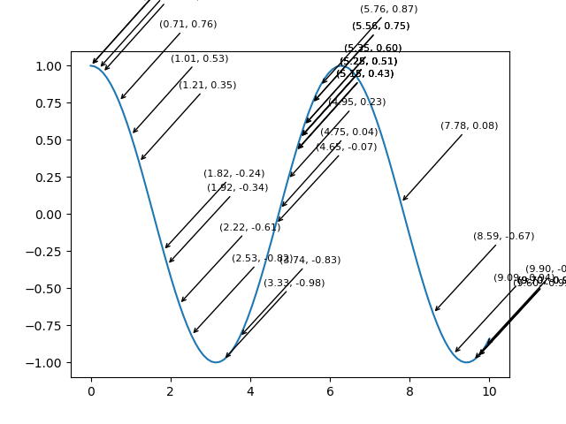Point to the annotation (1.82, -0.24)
click(233, 174)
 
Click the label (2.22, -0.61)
click(250, 228)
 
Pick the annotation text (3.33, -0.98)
click(294, 284)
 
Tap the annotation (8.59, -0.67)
click(503, 237)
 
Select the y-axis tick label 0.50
click(49, 140)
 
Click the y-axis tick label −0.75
click(45, 326)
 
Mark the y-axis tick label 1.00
click(49, 66)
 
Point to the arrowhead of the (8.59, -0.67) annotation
click(434, 312)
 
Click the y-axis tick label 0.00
click(49, 215)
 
